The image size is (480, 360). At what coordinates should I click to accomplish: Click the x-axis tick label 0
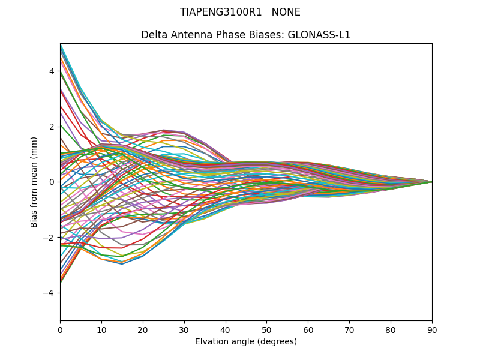[60, 329]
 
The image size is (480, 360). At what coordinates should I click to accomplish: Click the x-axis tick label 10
[101, 329]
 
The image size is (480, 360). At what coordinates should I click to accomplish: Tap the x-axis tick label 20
[143, 329]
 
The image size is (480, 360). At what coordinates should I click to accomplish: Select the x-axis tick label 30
[184, 329]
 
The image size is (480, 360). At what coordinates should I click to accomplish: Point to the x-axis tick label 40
[226, 329]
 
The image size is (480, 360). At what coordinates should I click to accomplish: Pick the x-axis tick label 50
[266, 329]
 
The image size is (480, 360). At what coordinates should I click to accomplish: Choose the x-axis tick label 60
[308, 329]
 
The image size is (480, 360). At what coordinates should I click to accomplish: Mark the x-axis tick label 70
[349, 329]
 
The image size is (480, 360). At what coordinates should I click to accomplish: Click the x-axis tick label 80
[391, 329]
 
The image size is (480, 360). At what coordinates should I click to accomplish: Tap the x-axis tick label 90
[432, 329]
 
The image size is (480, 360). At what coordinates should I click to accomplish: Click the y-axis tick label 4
[52, 71]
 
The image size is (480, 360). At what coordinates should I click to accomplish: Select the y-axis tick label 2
[52, 127]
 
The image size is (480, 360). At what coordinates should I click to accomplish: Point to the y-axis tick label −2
[49, 237]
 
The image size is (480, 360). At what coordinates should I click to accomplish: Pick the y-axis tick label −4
[49, 293]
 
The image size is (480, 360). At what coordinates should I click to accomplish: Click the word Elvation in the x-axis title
[211, 341]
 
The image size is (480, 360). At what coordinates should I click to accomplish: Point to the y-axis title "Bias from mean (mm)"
[34, 182]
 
